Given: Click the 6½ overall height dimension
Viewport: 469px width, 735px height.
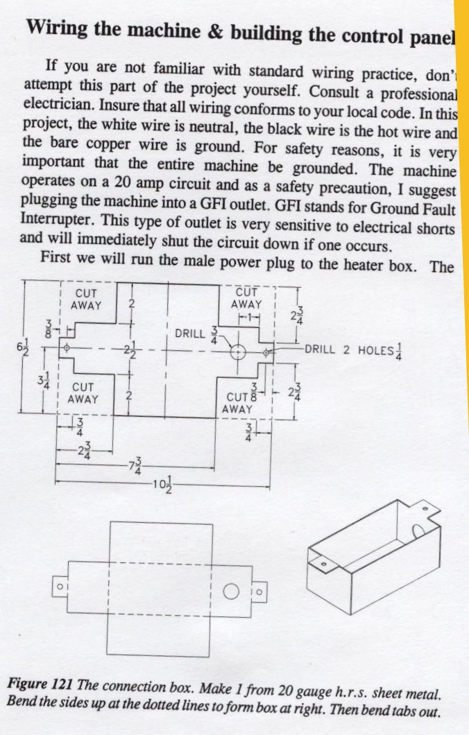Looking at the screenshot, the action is [22, 348].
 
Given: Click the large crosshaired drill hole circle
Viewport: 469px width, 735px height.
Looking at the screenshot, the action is [238, 351].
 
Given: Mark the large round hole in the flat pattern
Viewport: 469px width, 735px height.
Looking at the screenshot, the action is [231, 591].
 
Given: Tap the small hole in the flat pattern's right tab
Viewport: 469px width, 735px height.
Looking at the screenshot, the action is [260, 591].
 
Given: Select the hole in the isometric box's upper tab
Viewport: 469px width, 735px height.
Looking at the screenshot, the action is [425, 508].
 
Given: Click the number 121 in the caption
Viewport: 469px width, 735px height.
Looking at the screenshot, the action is [62, 684].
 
